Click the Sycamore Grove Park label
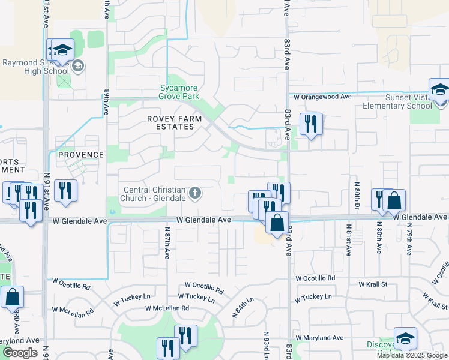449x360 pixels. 179,91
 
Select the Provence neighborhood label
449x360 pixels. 81,155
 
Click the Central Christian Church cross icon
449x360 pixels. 194,193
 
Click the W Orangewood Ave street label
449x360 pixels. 322,97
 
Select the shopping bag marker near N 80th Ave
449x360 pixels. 394,200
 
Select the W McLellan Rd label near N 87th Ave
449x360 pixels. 167,308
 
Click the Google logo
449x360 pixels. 20,353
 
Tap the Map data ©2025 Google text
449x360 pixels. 412,355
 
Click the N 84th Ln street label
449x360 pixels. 243,307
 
